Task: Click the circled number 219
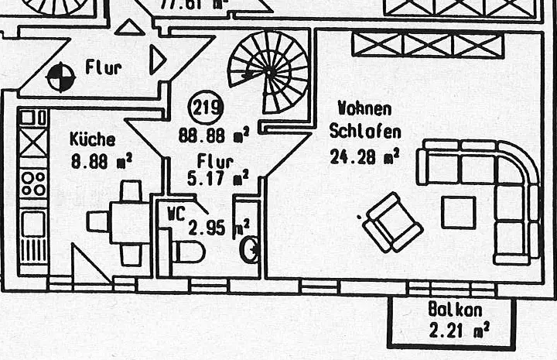[207, 106]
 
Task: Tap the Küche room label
[92, 140]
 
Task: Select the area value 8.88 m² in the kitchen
[101, 161]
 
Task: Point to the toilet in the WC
[187, 251]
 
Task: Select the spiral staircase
[269, 70]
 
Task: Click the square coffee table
[459, 211]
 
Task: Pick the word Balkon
[455, 310]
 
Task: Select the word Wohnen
[364, 109]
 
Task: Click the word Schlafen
[364, 131]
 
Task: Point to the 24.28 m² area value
[364, 156]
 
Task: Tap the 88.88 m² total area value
[213, 135]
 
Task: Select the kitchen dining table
[129, 222]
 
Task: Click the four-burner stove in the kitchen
[33, 183]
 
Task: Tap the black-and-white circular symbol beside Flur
[59, 77]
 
